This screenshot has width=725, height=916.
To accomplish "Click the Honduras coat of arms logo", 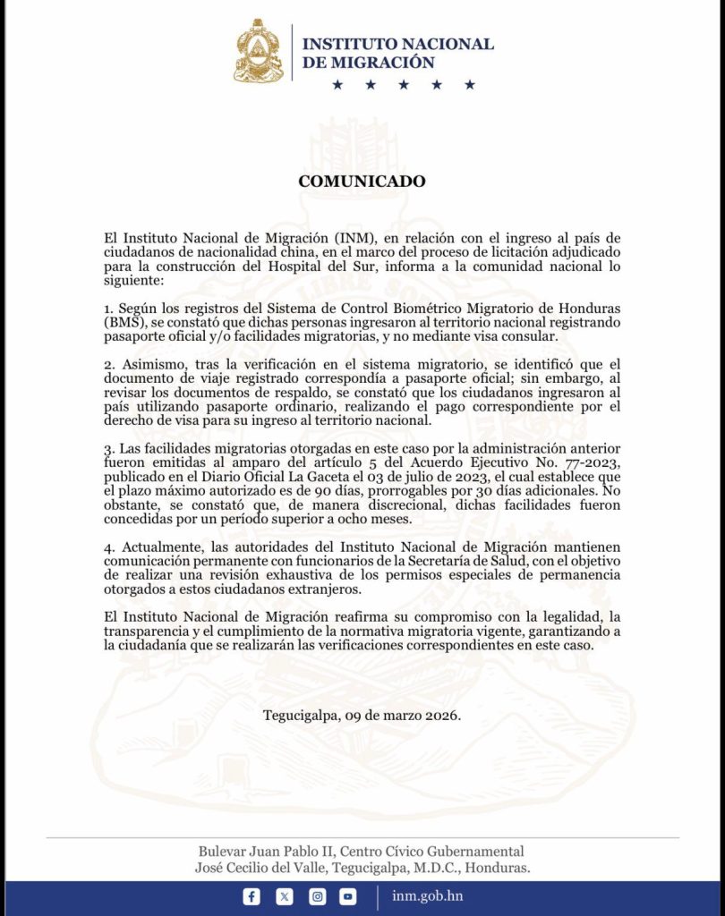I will [259, 52].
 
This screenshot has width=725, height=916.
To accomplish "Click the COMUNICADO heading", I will [362, 181].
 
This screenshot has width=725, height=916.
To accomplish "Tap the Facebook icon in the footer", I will [252, 896].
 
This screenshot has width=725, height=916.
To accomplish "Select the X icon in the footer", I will [285, 896].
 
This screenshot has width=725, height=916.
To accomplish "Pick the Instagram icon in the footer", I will [317, 896].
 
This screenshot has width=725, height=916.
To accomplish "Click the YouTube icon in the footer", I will [348, 896].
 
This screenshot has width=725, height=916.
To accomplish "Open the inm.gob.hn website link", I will [427, 896].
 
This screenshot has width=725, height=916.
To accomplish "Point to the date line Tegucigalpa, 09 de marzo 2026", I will [362, 716].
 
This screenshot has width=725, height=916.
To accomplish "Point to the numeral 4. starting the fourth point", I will [109, 546].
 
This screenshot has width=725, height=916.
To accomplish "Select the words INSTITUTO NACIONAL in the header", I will [397, 44].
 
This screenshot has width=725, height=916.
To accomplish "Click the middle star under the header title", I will [403, 85].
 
